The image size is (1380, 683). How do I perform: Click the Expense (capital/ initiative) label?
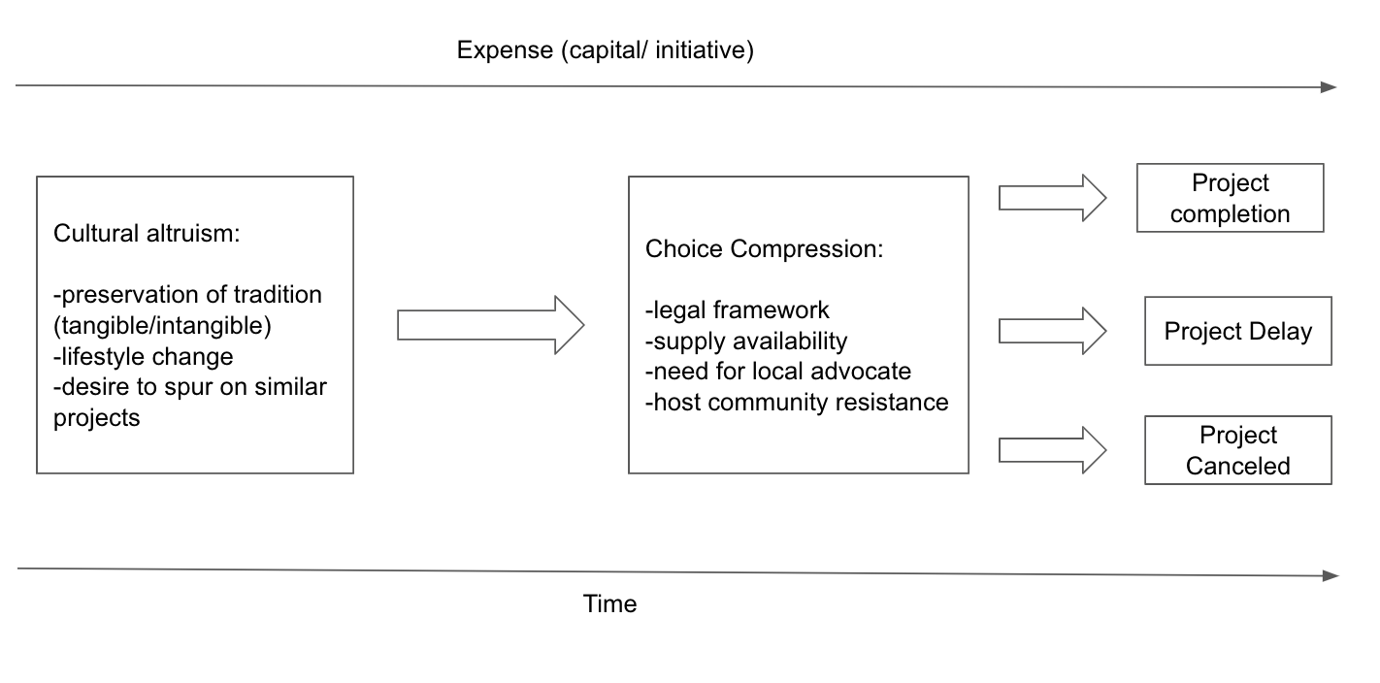(x=605, y=50)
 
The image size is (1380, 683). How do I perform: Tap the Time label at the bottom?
(x=609, y=603)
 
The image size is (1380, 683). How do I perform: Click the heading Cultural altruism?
(x=147, y=234)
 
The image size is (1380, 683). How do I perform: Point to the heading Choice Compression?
(x=764, y=248)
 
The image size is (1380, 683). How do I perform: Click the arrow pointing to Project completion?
(x=1052, y=198)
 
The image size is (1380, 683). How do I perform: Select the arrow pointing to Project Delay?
(x=1052, y=332)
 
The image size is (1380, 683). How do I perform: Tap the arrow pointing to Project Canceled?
(x=1052, y=450)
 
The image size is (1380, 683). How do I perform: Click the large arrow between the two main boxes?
(x=490, y=325)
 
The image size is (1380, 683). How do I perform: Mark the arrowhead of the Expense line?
(x=1329, y=87)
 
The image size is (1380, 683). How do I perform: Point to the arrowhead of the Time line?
(x=1331, y=576)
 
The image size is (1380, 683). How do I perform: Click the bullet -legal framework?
(x=737, y=309)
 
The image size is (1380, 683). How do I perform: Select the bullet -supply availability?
(x=746, y=341)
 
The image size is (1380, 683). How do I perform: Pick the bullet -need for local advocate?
(x=778, y=372)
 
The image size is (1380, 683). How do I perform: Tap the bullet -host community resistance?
(x=797, y=403)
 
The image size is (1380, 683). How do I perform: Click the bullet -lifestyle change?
(x=144, y=357)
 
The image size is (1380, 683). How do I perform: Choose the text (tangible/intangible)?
(x=162, y=326)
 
